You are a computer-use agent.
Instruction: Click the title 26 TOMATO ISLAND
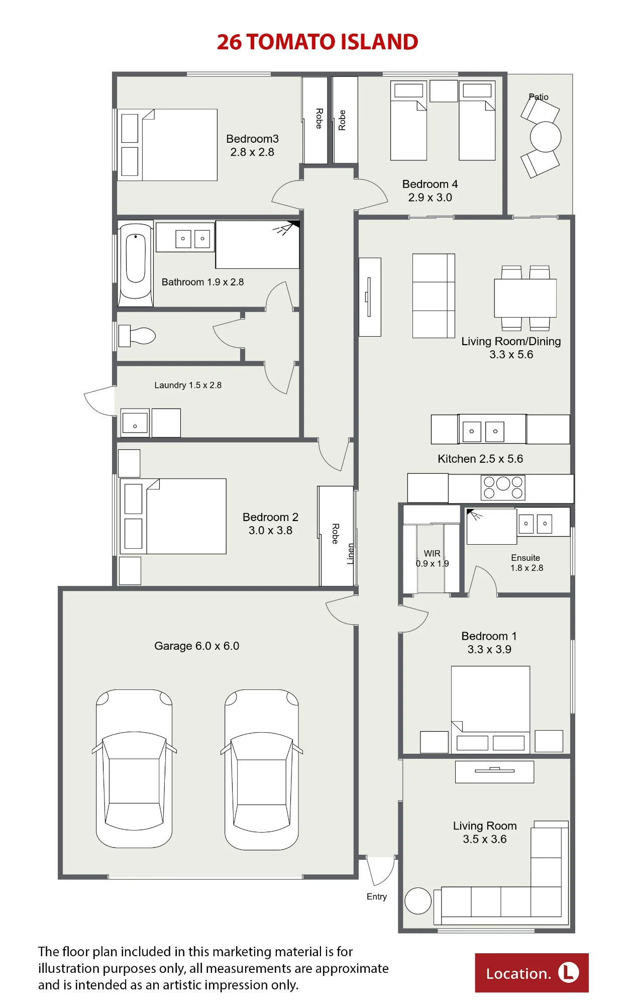317,42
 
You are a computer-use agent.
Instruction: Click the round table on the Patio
546,137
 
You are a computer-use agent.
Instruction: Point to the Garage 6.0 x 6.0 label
196,646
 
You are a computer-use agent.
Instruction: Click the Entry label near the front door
377,897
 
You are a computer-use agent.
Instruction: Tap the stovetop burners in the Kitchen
503,487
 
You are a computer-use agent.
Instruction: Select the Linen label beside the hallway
351,554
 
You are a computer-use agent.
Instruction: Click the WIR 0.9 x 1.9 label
432,558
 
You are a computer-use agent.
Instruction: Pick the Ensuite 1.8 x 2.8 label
526,563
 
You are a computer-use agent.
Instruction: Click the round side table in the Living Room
418,901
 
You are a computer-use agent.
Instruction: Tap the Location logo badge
532,973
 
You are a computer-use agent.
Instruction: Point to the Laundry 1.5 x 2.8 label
188,385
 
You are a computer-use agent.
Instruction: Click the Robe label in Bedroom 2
336,534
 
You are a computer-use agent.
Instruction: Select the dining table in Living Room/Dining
525,298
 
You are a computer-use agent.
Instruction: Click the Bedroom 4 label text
430,184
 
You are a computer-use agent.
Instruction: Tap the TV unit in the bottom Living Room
494,772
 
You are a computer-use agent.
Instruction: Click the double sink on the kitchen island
483,431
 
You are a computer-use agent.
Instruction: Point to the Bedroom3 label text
252,139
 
